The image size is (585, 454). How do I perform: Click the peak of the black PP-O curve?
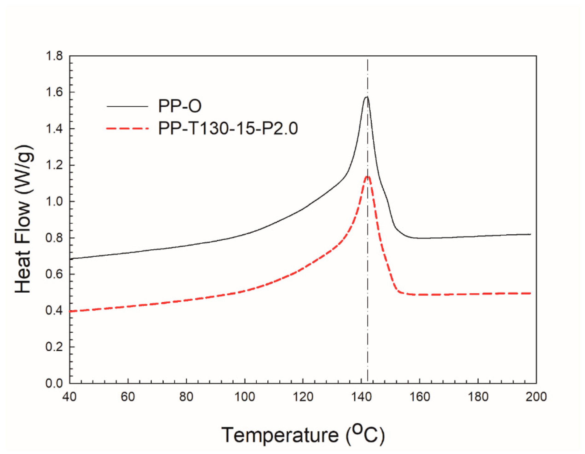[366, 97]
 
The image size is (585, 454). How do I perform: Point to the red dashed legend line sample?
[128, 128]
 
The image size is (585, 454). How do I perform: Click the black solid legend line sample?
[128, 106]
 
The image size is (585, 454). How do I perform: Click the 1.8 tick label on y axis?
[54, 56]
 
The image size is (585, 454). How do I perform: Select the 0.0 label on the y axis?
[54, 383]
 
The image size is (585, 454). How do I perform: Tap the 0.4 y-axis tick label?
[54, 311]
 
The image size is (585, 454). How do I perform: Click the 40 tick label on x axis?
[69, 397]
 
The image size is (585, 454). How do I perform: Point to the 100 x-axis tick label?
[245, 397]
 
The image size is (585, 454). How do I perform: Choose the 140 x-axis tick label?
[361, 397]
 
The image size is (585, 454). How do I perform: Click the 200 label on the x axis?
[536, 397]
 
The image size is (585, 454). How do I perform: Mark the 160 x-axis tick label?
[420, 397]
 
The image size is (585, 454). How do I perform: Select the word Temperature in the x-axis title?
[280, 435]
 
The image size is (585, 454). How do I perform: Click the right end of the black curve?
[530, 234]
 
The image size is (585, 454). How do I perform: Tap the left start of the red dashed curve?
[70, 311]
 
